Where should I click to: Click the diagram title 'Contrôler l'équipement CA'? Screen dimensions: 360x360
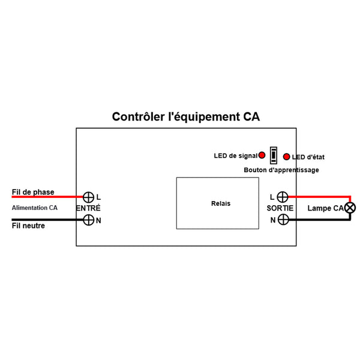pos(186,116)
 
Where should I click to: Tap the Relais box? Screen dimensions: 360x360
pos(221,203)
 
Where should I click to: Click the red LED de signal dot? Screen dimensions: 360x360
pos(262,155)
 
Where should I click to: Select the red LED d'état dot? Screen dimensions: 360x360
pos(287,157)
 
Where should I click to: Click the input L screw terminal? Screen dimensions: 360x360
pos(88,197)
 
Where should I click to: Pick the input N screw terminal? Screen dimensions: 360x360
pos(88,220)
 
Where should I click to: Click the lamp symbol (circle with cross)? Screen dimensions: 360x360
pos(350,208)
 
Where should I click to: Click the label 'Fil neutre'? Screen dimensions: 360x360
pos(28,226)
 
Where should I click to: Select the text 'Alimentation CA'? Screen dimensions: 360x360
pos(35,208)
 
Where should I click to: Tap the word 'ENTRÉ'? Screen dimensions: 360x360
pos(89,208)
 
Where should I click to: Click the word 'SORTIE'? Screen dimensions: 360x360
pos(280,208)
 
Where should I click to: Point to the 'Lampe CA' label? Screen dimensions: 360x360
pos(324,209)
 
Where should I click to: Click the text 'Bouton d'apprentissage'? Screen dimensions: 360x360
pos(281,170)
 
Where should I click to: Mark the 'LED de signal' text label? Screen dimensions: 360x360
pos(235,156)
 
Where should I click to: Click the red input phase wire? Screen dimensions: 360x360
pos(48,197)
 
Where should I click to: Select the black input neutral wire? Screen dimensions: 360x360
pos(48,220)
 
